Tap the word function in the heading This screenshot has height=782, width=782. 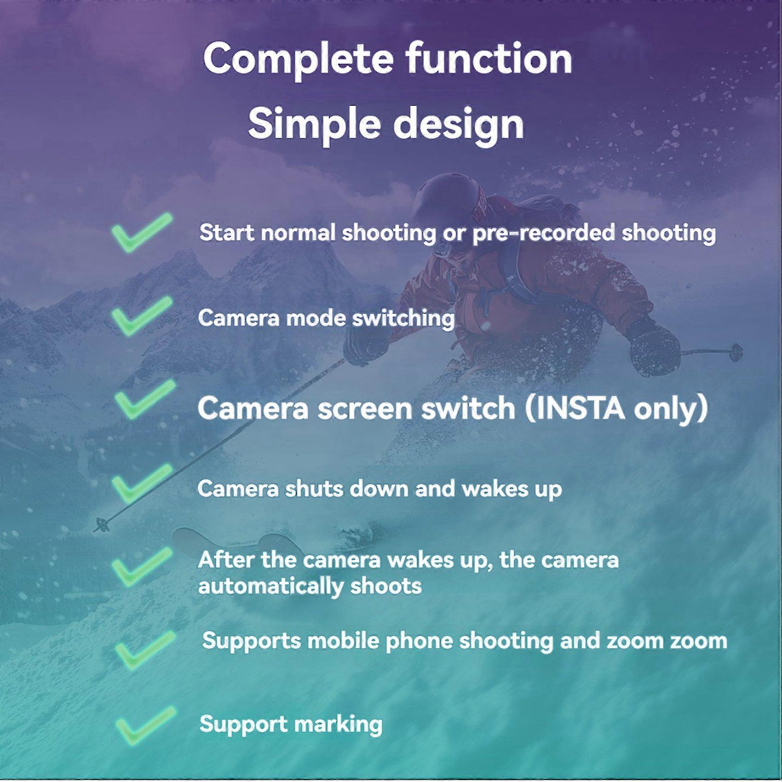[x=489, y=59]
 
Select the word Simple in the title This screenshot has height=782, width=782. [x=314, y=124]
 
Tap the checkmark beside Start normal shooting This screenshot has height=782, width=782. [x=141, y=232]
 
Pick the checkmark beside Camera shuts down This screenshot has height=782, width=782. [x=141, y=483]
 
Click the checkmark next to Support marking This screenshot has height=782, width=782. [x=144, y=726]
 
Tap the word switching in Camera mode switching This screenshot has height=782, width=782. [x=403, y=318]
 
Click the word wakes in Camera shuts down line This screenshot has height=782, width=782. [x=494, y=489]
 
